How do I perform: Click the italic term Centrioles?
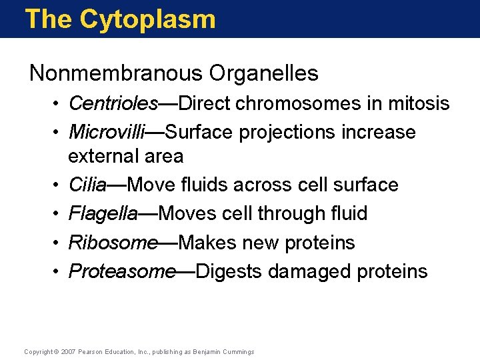[113, 104]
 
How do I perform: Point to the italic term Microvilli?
[107, 132]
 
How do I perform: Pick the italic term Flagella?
[103, 213]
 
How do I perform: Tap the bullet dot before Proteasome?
[59, 272]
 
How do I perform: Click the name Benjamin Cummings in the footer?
[225, 352]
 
